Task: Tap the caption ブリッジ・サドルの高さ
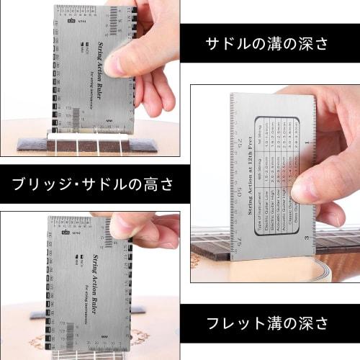pyautogui.click(x=93, y=184)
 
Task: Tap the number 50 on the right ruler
pyautogui.click(x=238, y=192)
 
